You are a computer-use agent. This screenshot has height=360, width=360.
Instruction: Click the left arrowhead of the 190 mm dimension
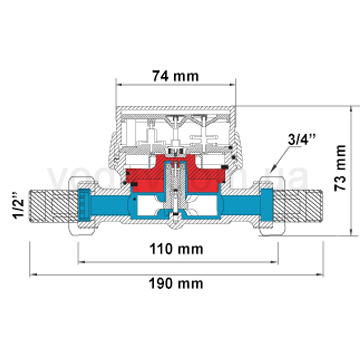tap(30, 271)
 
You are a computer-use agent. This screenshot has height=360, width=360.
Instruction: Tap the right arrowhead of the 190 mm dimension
tap(324, 271)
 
